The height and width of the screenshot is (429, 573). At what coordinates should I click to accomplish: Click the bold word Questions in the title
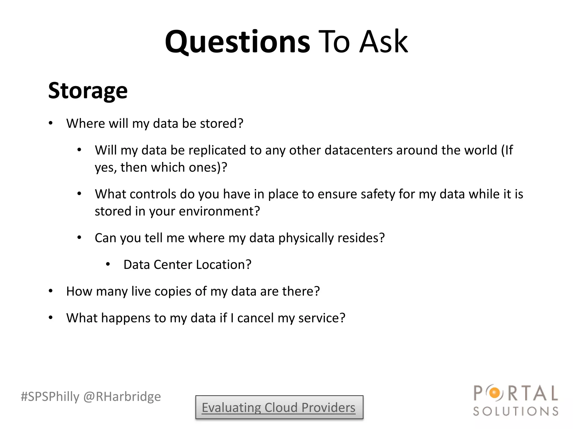pyautogui.click(x=237, y=42)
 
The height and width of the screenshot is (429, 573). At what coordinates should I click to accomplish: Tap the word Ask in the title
pyautogui.click(x=384, y=42)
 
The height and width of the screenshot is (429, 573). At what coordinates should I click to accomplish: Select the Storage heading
pyautogui.click(x=88, y=90)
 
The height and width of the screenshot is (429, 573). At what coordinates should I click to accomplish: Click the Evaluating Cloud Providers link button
pyautogui.click(x=279, y=407)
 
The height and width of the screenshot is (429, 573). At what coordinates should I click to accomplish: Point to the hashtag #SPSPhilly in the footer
pyautogui.click(x=50, y=397)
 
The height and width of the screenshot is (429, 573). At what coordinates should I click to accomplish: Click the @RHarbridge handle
pyautogui.click(x=122, y=397)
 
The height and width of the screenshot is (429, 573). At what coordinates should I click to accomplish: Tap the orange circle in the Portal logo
pyautogui.click(x=495, y=393)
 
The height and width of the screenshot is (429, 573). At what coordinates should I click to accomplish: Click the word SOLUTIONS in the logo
pyautogui.click(x=516, y=411)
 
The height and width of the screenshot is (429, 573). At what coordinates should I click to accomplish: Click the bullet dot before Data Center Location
pyautogui.click(x=108, y=264)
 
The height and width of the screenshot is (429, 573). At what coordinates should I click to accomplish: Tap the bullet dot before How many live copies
pyautogui.click(x=51, y=291)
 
